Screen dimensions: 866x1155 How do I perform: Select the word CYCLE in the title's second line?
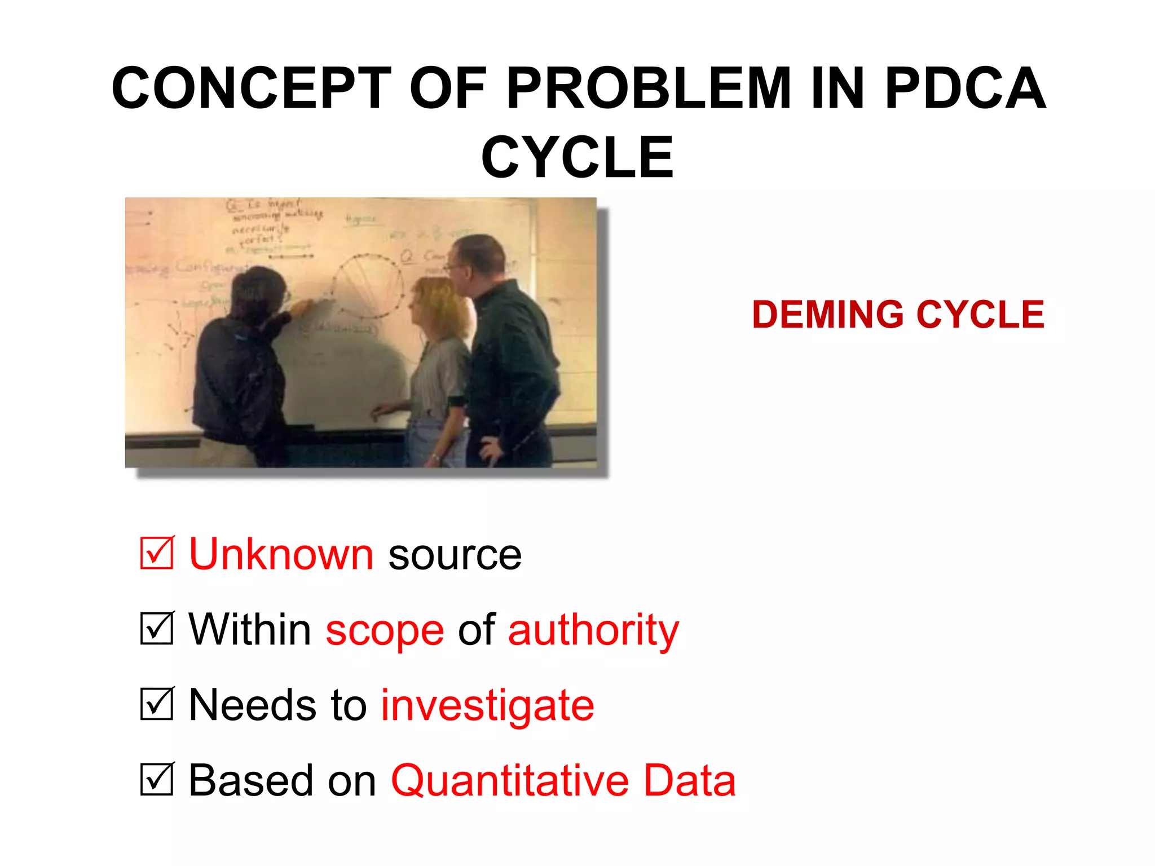577,157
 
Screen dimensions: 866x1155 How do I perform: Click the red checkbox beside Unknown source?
157,553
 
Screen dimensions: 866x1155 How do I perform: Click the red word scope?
385,630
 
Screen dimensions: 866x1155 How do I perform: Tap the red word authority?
593,630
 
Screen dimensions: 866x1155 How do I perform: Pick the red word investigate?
487,706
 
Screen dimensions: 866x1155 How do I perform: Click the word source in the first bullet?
455,555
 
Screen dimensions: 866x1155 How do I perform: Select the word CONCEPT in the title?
252,89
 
